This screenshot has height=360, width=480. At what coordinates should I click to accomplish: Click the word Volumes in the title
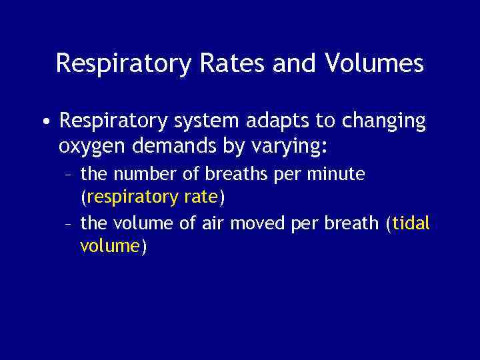[x=374, y=64]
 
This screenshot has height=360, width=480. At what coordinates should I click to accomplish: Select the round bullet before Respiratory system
[x=45, y=123]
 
